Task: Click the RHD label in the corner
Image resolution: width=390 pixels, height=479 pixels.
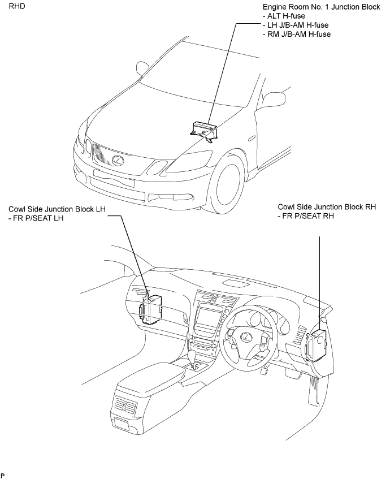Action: [17, 6]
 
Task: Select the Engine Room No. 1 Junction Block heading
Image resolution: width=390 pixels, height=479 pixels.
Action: [321, 7]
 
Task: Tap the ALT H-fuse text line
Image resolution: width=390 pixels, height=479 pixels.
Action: [284, 16]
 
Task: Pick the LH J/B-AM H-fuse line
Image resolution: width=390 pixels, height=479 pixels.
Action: [295, 25]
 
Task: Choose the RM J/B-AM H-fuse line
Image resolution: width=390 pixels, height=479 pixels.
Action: [297, 34]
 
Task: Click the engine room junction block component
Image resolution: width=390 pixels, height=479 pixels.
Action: [203, 131]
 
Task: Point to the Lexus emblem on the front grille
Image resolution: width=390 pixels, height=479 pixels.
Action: [117, 159]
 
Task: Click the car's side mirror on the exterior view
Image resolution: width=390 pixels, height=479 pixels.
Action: [142, 68]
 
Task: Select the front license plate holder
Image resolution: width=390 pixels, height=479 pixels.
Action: [114, 178]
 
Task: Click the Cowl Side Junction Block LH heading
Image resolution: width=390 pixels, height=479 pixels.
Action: [57, 209]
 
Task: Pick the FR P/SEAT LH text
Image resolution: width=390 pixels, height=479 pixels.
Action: [36, 218]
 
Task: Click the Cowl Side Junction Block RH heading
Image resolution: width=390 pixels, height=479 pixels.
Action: [327, 207]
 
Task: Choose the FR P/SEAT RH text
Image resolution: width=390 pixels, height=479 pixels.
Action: [306, 216]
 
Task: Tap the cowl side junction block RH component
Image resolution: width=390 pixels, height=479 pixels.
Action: [317, 346]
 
